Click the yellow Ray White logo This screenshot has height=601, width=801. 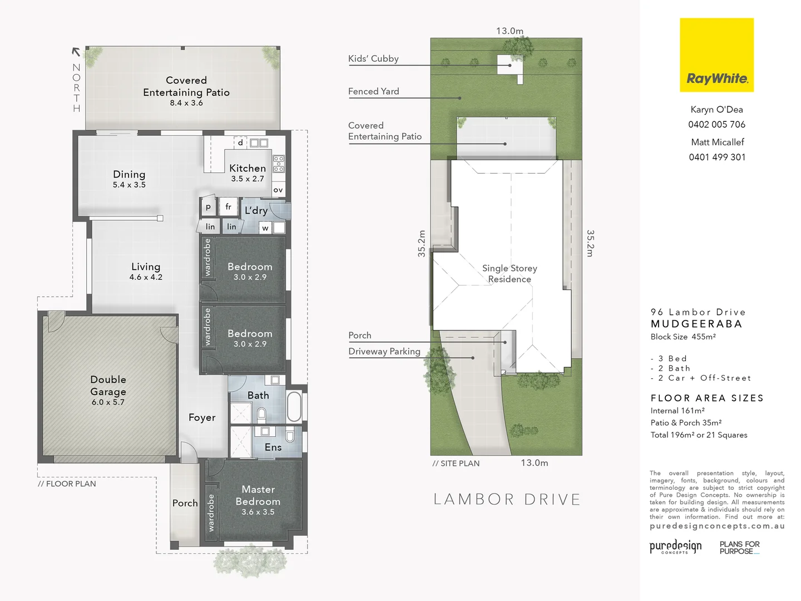716,55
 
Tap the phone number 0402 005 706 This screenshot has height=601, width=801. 716,125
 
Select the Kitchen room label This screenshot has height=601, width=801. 248,168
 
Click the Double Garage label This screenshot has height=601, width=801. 108,386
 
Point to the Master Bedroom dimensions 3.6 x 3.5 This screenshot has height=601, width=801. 258,512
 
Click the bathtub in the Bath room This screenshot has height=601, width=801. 294,407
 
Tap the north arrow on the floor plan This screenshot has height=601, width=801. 76,52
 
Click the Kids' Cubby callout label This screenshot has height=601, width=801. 373,58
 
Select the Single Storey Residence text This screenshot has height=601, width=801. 510,274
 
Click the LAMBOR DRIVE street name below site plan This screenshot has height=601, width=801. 507,499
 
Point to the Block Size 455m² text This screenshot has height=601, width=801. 683,337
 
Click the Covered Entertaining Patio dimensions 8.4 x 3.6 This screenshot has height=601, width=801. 186,103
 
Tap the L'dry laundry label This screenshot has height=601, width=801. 256,210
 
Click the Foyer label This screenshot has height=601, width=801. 202,417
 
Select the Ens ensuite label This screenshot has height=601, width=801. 273,447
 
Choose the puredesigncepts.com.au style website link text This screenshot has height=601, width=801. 717,526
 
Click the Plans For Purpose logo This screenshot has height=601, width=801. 739,548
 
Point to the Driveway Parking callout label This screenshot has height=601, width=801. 384,351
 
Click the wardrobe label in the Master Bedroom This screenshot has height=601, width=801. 211,513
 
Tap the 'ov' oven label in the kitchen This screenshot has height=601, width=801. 278,190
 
